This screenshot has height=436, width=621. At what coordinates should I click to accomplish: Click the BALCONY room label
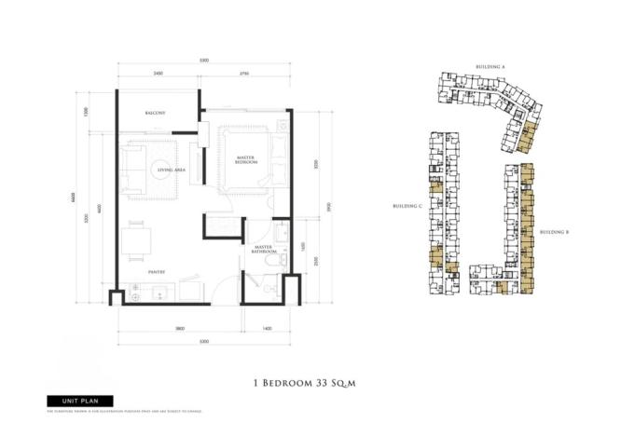[156, 113]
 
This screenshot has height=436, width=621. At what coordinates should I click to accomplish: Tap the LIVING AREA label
[171, 170]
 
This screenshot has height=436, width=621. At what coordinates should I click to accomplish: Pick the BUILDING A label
[490, 68]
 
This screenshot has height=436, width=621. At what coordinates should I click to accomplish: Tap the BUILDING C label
[407, 205]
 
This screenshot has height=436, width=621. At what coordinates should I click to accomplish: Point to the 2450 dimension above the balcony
[158, 73]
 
